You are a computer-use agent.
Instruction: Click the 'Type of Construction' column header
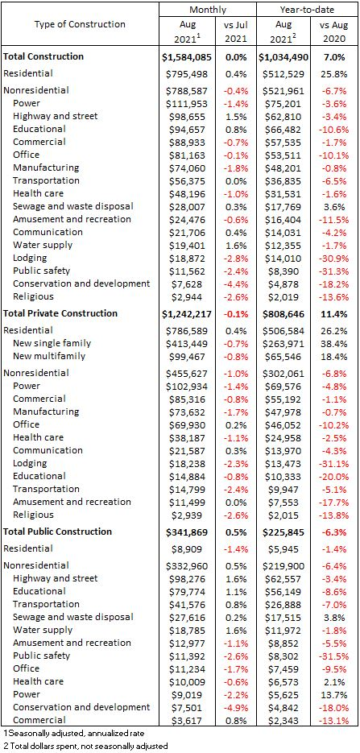pos(80,24)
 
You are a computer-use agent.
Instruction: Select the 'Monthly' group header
pos(208,9)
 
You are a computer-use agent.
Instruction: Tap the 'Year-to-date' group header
pos(307,9)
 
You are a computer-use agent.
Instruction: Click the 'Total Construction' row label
pos(43,56)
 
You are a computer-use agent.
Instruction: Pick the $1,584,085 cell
pos(187,57)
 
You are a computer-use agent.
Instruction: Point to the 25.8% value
pos(333,74)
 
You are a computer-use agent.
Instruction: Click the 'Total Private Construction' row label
pos(60,313)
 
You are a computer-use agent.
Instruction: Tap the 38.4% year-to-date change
pos(333,343)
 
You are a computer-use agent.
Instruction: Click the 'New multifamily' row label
pos(49,356)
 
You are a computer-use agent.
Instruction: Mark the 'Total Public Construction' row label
pos(58,532)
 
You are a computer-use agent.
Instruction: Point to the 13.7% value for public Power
pos(333,694)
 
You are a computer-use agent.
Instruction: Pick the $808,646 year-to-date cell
pos(283,314)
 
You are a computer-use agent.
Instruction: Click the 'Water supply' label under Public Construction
pos(43,630)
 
